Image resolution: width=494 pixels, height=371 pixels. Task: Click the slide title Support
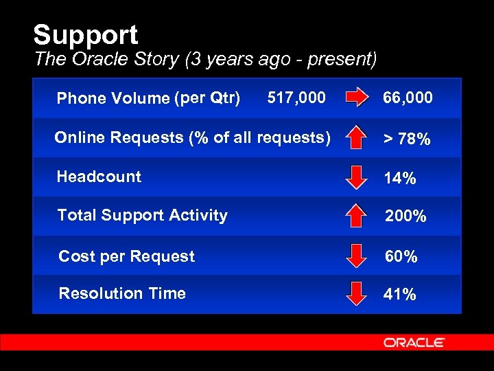tap(85, 35)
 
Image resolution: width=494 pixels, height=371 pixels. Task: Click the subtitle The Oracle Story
tap(204, 59)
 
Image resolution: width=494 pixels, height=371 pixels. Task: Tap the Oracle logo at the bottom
tap(414, 342)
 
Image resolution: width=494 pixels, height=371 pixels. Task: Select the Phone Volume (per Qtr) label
tap(148, 98)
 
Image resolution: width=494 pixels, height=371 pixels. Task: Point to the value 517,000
tap(296, 98)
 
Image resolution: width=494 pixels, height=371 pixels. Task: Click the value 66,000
tap(408, 98)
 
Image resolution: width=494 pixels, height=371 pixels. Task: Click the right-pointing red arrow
tap(357, 98)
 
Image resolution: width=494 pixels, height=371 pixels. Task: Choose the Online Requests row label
tap(192, 137)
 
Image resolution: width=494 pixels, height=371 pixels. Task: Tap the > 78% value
tap(406, 139)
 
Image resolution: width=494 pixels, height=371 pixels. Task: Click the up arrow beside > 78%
tap(355, 137)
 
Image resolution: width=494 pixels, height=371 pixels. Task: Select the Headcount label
tap(99, 177)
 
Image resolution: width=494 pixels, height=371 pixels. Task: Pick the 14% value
tap(399, 179)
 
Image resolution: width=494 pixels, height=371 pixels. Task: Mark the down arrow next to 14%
tap(355, 177)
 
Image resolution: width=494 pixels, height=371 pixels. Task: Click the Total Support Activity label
tap(142, 215)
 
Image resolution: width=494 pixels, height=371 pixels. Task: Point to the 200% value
tap(405, 216)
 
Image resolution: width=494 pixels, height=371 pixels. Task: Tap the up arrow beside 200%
tap(355, 215)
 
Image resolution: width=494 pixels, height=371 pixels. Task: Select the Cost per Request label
tap(126, 256)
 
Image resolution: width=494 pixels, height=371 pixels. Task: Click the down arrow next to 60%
tap(355, 255)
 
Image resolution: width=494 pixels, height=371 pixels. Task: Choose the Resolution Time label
tap(122, 293)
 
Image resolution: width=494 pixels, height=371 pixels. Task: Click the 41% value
tap(399, 295)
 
